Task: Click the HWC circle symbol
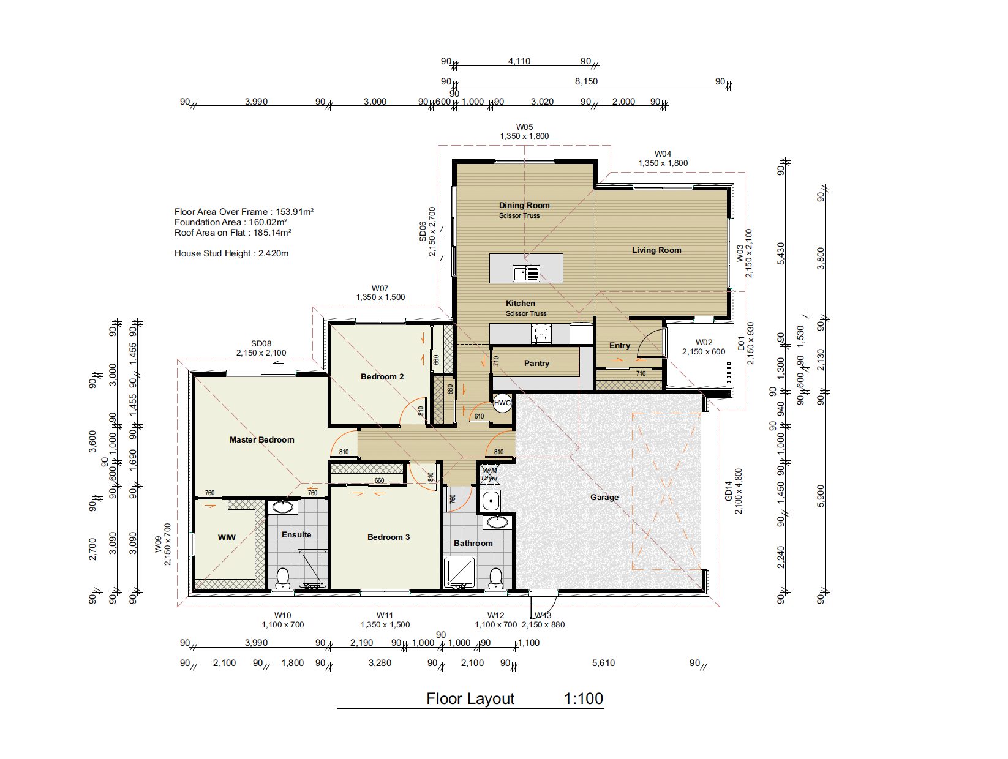pyautogui.click(x=502, y=402)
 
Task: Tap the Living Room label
pyautogui.click(x=656, y=250)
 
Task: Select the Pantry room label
pyautogui.click(x=536, y=364)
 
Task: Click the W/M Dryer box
pyautogui.click(x=489, y=474)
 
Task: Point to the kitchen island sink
pyautogui.click(x=526, y=274)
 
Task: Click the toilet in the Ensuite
pyautogui.click(x=282, y=578)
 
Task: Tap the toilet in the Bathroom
pyautogui.click(x=495, y=578)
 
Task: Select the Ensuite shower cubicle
pyautogui.click(x=312, y=569)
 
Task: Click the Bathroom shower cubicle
pyautogui.click(x=459, y=572)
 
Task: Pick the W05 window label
pyautogui.click(x=524, y=132)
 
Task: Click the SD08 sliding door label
pyautogui.click(x=261, y=348)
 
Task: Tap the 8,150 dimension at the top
pyautogui.click(x=587, y=81)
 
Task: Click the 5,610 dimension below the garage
pyautogui.click(x=603, y=663)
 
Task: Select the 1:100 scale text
pyautogui.click(x=583, y=698)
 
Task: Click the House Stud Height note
pyautogui.click(x=231, y=253)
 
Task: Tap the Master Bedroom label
pyautogui.click(x=261, y=439)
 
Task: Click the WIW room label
pyautogui.click(x=227, y=537)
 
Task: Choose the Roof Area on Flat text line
pyautogui.click(x=233, y=233)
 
